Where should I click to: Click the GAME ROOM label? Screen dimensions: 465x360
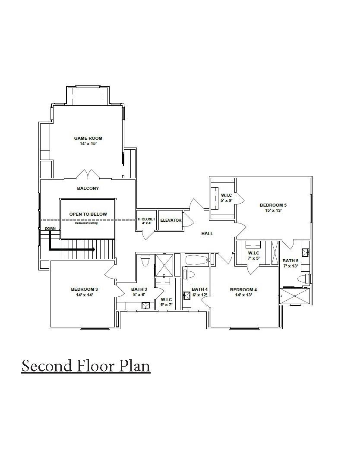tap(88, 138)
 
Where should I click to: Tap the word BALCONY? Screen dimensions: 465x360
tap(88, 189)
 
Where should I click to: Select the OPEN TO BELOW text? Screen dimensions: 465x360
tap(88, 214)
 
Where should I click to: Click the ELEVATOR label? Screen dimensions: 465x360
tap(171, 220)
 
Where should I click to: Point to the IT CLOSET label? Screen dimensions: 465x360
tap(146, 219)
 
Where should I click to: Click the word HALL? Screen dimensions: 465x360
tap(207, 233)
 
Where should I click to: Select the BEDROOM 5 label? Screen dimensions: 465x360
tap(273, 205)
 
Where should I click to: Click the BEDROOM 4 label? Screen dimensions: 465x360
tap(243, 289)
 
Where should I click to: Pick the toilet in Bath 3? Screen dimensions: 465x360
tap(145, 261)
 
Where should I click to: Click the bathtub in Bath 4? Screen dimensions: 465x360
tap(197, 260)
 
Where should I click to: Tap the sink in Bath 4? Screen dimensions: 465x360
tap(187, 296)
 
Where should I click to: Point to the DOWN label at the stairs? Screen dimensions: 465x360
tap(50, 229)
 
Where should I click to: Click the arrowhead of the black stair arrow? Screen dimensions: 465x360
tap(92, 249)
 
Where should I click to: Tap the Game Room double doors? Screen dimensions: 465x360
tap(88, 174)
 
